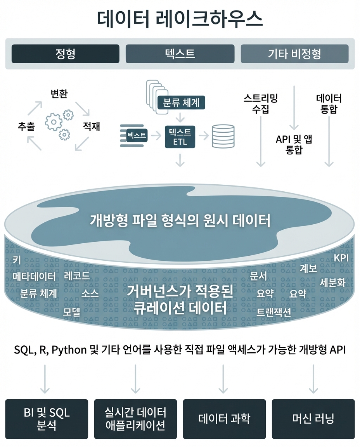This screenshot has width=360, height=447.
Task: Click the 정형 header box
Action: [x=65, y=54]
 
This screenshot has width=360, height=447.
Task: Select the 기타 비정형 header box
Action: [x=294, y=54]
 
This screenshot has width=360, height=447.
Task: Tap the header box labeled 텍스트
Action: [x=180, y=54]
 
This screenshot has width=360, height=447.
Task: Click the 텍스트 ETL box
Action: [x=180, y=137]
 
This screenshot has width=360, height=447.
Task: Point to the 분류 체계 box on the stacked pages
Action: [x=181, y=102]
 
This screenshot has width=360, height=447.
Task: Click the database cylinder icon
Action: [x=223, y=136]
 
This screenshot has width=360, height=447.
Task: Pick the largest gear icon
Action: [x=54, y=122]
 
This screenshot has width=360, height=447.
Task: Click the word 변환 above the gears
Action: [x=59, y=94]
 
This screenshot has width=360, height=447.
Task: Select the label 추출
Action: [x=26, y=126]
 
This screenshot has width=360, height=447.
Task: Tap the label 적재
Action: [x=91, y=126]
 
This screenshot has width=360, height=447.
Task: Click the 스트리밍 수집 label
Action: [x=261, y=104]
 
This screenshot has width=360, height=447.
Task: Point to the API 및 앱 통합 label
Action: [x=294, y=144]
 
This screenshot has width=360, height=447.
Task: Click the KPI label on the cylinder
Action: [x=341, y=258]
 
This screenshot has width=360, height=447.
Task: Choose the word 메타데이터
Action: [x=34, y=276]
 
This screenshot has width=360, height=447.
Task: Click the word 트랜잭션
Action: [x=273, y=312]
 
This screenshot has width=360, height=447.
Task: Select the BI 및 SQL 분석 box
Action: [x=47, y=419]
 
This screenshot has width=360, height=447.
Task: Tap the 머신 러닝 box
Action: [x=313, y=419]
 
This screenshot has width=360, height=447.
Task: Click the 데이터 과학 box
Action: [x=224, y=419]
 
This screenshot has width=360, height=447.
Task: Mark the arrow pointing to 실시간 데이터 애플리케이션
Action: [x=135, y=379]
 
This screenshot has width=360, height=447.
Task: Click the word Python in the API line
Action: [x=69, y=350]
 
